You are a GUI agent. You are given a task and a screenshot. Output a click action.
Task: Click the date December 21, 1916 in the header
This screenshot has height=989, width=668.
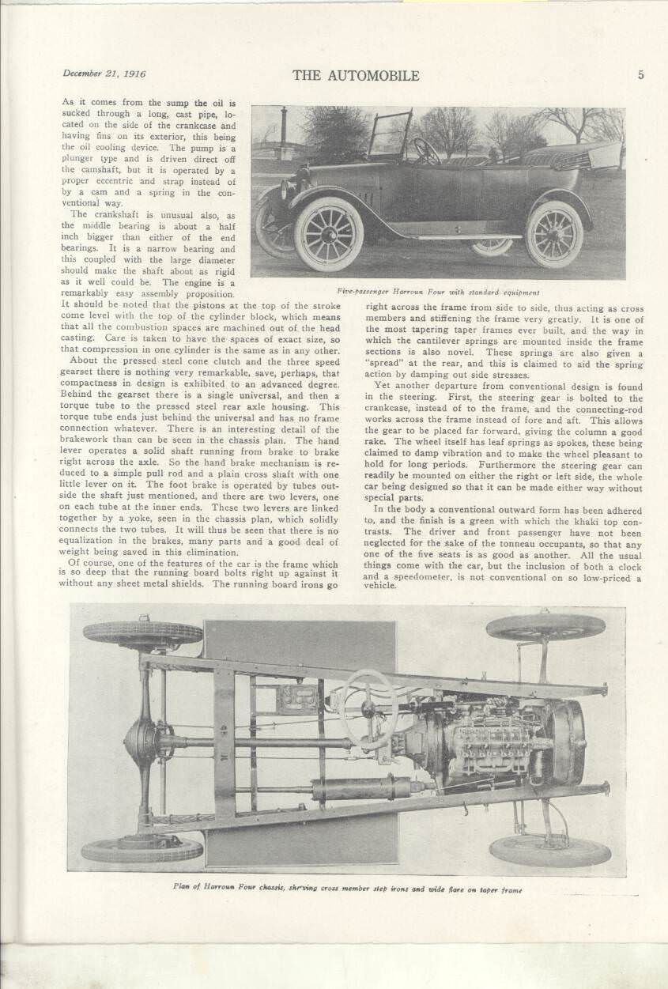coord(104,74)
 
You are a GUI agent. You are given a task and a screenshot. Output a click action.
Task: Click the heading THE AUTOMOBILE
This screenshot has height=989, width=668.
coord(356,76)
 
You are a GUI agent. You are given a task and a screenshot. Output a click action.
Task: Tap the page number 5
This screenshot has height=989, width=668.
coord(640,75)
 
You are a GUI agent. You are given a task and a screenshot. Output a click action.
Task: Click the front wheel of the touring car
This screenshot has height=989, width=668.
coord(328,233)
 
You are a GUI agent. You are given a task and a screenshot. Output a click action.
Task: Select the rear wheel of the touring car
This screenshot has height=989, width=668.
coord(553,233)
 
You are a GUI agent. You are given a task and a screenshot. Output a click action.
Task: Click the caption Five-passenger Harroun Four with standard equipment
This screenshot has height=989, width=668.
coord(438,292)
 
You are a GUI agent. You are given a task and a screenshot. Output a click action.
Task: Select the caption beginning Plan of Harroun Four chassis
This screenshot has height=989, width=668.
coord(348,889)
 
